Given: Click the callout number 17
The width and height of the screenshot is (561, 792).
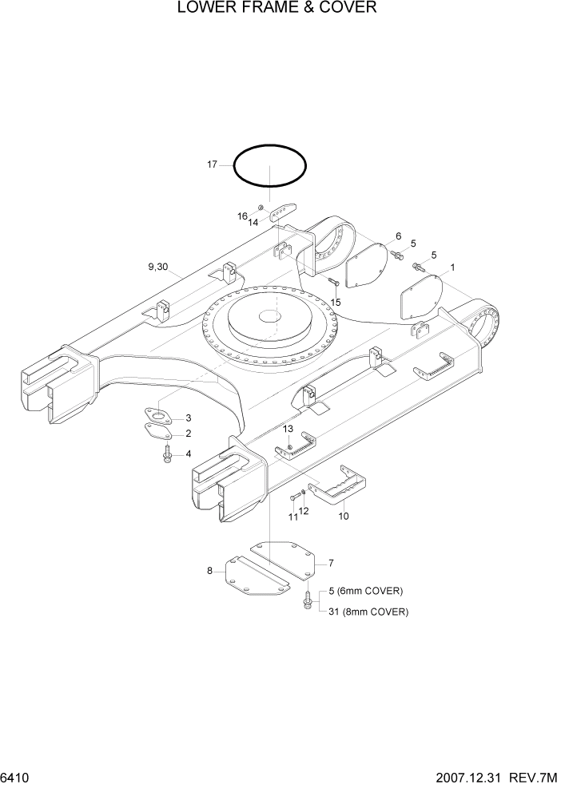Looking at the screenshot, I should tap(212, 164).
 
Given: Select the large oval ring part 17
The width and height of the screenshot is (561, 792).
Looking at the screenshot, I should tap(270, 147).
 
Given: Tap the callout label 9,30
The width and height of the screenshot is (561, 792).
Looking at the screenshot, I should tap(157, 267).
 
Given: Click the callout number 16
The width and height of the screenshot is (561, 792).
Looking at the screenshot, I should tap(242, 216).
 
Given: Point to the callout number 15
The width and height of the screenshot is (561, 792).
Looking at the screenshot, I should tap(336, 302).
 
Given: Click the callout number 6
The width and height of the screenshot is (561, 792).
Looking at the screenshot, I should tap(397, 236).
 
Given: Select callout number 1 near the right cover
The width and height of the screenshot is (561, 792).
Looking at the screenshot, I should tap(453, 267).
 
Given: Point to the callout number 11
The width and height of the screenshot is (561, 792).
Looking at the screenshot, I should tap(292, 517).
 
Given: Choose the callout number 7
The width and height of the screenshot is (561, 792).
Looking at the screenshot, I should tap(331, 563).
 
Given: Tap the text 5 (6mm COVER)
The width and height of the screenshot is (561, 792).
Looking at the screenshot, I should tap(366, 591).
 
